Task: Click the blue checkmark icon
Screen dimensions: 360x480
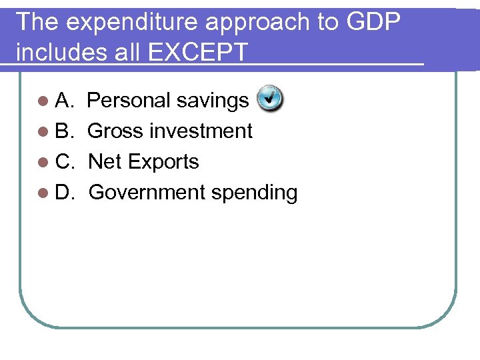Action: [x=269, y=99]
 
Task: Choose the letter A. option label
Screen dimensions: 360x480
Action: [x=65, y=101]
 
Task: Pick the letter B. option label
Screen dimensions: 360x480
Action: [x=65, y=131]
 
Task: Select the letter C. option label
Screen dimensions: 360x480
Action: [x=65, y=162]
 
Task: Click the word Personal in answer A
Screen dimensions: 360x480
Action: [x=129, y=101]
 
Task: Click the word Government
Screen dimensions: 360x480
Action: [x=147, y=193]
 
